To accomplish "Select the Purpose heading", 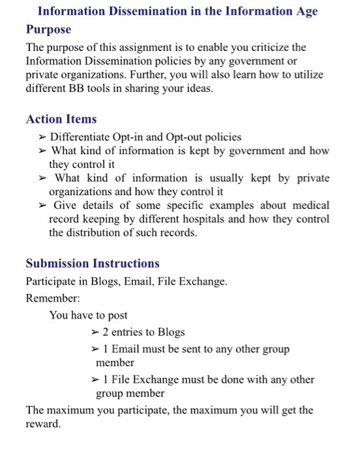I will [48, 30].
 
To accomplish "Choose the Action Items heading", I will [61, 119].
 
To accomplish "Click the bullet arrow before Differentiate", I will [42, 137].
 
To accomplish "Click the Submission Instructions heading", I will [93, 264].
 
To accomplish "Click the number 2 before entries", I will [105, 332].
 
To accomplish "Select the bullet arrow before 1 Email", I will [95, 349].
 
